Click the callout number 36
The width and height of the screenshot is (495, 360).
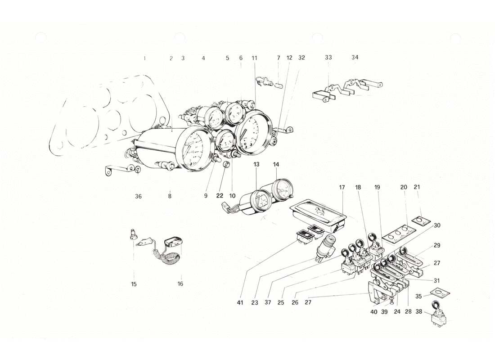click(x=138, y=196)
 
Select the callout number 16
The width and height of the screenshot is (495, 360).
click(x=180, y=284)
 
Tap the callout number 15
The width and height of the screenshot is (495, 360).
click(x=134, y=284)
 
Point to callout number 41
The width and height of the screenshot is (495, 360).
click(x=240, y=303)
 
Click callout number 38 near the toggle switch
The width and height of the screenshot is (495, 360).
click(x=419, y=311)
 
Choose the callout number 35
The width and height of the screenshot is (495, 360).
click(x=419, y=296)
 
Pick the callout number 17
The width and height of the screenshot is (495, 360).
click(x=342, y=187)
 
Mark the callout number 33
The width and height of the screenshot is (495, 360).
click(x=328, y=58)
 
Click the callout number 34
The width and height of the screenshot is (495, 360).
click(x=355, y=58)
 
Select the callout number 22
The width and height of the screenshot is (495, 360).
click(x=219, y=196)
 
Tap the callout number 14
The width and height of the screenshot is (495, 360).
click(x=276, y=165)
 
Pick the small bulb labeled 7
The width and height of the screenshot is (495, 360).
click(x=278, y=84)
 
